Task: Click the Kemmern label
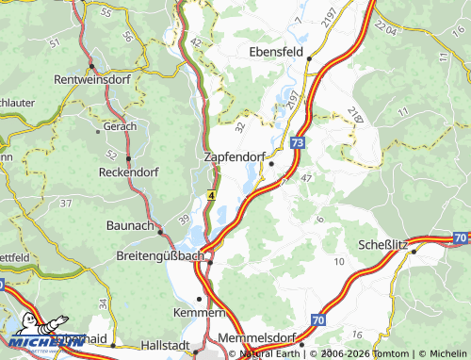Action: (199, 312)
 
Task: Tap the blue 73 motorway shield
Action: (298, 141)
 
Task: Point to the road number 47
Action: (305, 177)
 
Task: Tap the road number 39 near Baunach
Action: (184, 220)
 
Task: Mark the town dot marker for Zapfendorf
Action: (271, 163)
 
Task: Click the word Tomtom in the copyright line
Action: (383, 354)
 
